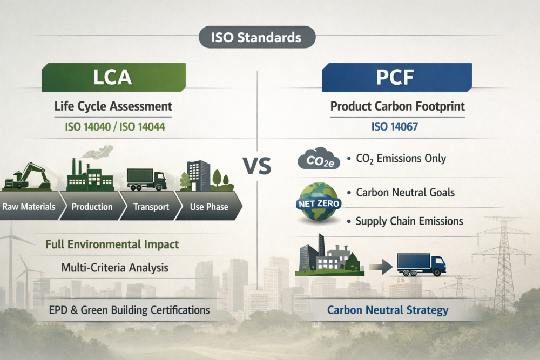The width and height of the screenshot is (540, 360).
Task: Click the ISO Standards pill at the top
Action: [257, 37]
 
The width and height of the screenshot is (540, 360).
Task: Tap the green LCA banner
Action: [113, 77]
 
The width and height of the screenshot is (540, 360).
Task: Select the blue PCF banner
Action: [397, 77]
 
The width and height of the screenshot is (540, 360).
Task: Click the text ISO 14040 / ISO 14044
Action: [115, 127]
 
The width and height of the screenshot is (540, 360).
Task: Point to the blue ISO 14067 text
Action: [394, 127]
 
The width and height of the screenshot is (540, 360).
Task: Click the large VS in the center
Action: [257, 166]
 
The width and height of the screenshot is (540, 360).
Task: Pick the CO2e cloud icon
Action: [319, 159]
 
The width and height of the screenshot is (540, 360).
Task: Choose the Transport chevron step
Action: [151, 206]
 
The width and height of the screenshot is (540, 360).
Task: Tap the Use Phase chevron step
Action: [208, 206]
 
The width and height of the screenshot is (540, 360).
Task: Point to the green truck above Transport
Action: [147, 179]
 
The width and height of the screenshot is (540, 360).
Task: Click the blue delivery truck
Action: [422, 264]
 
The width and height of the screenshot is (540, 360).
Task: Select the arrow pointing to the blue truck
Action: [381, 267]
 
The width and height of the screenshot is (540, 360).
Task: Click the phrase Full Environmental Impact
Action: [112, 244]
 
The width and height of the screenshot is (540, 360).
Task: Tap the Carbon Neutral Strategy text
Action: [388, 310]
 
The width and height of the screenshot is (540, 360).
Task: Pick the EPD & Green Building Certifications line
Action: [130, 310]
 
